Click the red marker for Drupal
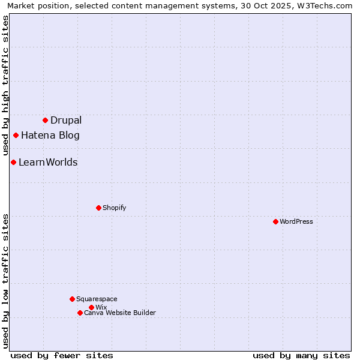coord(45,120)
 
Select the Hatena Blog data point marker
coord(16,135)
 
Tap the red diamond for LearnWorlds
coord(13,162)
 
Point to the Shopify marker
coord(98,208)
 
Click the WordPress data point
coord(275,221)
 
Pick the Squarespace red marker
coord(72,299)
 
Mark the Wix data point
coord(91,307)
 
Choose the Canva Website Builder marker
coord(80,313)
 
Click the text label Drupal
coord(66,120)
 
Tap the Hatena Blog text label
coord(50,135)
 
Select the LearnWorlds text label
coord(48,162)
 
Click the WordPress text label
coord(296,221)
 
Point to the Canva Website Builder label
coord(120,313)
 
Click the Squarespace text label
coord(97,299)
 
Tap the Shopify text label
coord(114,208)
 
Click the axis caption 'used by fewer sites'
coord(62,355)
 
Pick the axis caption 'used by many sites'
coord(301,355)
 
